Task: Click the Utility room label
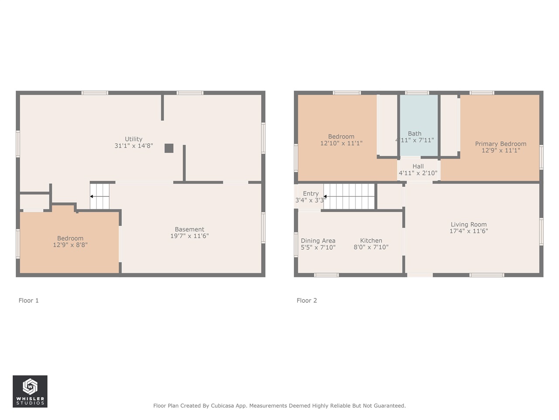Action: coord(134,139)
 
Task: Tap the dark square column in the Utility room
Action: coord(169,148)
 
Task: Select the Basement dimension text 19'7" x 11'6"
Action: coord(190,236)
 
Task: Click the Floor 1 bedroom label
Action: coord(70,238)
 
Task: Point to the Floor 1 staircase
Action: coord(100,196)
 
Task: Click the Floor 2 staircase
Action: coord(349,196)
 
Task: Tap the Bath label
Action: coord(414,133)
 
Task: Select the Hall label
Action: coord(418,166)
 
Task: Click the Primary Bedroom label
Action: coord(500,144)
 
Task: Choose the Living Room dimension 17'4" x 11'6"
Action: coord(469,231)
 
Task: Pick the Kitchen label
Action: coord(371,241)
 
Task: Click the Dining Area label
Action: coord(318,241)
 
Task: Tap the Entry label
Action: coord(311,193)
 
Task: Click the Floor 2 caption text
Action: coord(307,301)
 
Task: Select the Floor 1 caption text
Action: coord(28,301)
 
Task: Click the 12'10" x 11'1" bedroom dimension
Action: coord(341,143)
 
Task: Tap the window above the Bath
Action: coord(417,93)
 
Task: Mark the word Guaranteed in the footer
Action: coord(391,406)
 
